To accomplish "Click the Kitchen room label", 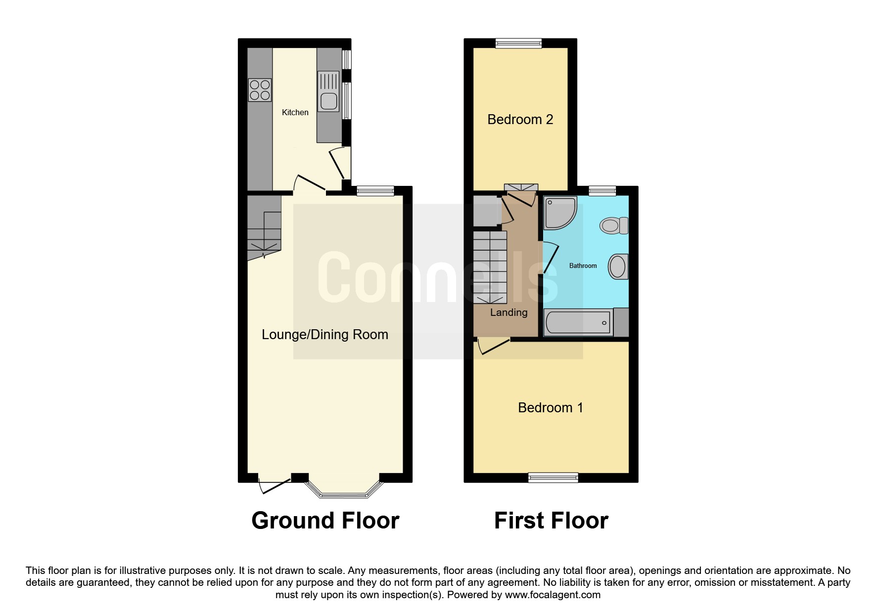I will [295, 113].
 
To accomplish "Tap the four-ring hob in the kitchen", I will [260, 90].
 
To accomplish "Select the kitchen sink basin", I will [328, 101].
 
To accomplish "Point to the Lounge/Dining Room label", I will [324, 335].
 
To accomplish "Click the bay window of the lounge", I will [344, 491].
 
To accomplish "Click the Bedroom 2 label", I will [520, 120].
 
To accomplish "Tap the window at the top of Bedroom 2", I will [519, 44].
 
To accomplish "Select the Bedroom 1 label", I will [550, 408].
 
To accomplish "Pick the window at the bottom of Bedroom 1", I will [553, 478].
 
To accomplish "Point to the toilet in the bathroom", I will [613, 226].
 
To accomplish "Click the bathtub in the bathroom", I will [578, 323].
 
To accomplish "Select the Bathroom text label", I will [583, 266].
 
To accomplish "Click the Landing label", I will [508, 312].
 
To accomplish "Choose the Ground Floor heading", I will [325, 521].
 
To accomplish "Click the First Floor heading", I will [551, 521].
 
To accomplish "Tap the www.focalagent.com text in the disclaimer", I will [553, 595].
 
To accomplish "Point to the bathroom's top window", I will [602, 191].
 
